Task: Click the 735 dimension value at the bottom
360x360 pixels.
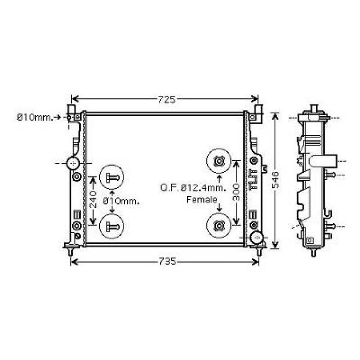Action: coord(167,262)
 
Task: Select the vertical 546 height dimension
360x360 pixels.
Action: coord(275,180)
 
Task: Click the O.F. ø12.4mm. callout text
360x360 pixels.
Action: coord(193,188)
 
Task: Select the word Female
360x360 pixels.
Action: coord(202,200)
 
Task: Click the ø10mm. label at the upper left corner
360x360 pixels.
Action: coord(35,117)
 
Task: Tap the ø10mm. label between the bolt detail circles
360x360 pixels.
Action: coord(121,201)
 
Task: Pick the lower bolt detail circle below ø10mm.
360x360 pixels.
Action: coord(111,226)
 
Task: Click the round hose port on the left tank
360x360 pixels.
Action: coord(73,163)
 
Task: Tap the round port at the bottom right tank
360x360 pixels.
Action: coord(257,237)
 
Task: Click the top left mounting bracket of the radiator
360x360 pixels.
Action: coord(73,112)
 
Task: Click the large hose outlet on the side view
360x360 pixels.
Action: coord(324,161)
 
